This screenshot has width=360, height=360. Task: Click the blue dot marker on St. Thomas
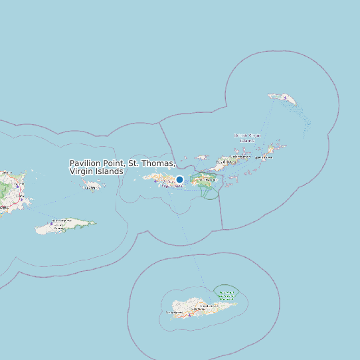(179, 180)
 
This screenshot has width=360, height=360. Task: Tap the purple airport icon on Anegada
(285, 98)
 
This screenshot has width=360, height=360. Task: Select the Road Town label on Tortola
(228, 161)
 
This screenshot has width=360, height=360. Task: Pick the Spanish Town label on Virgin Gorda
(264, 158)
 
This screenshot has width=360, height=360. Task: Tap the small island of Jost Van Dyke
(203, 157)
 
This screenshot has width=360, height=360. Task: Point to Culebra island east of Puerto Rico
(92, 187)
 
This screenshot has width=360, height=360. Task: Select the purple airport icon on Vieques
(51, 225)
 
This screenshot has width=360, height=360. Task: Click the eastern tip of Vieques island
(94, 223)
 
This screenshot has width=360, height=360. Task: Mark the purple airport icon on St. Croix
(189, 314)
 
